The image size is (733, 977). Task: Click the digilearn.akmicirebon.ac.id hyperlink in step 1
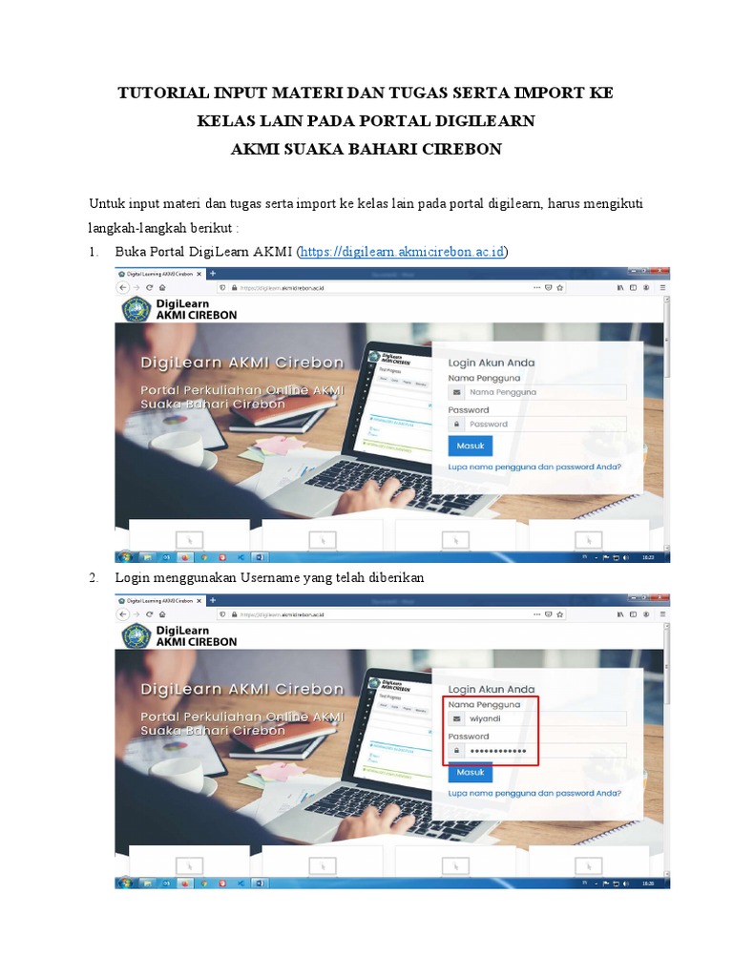403,252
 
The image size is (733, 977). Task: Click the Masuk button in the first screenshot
470,446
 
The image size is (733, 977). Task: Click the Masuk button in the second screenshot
470,772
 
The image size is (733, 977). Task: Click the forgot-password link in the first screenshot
534,468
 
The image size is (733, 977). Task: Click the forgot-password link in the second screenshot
534,794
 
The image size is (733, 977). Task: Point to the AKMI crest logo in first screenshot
135,310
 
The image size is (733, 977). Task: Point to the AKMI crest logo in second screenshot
135,636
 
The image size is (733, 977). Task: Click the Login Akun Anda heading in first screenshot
492,363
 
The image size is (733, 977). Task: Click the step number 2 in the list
94,578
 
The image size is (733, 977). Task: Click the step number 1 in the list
94,252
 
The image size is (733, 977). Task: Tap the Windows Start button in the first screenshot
124,556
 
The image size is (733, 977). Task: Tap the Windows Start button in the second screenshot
124,883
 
